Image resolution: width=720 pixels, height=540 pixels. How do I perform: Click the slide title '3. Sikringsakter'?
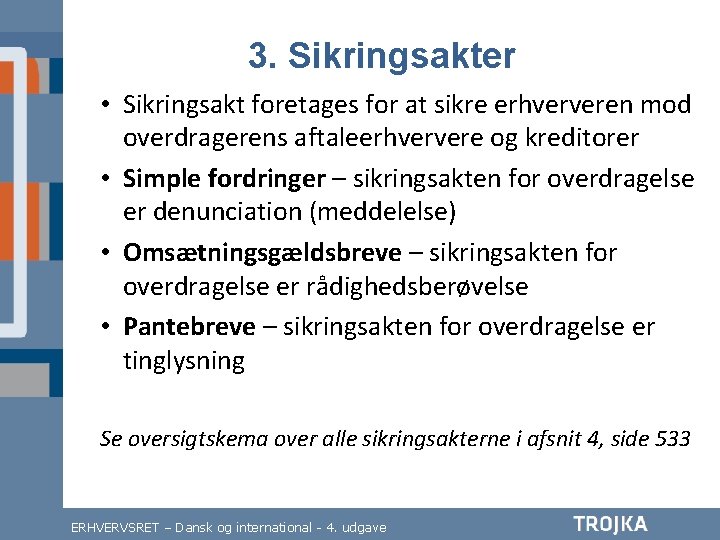(382, 56)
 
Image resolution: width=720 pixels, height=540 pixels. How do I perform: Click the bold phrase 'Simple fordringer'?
(224, 179)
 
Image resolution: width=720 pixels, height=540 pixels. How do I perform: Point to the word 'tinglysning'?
(184, 361)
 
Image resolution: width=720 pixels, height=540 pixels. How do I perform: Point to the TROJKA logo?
(611, 524)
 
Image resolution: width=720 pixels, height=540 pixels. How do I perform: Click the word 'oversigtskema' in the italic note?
(196, 439)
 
